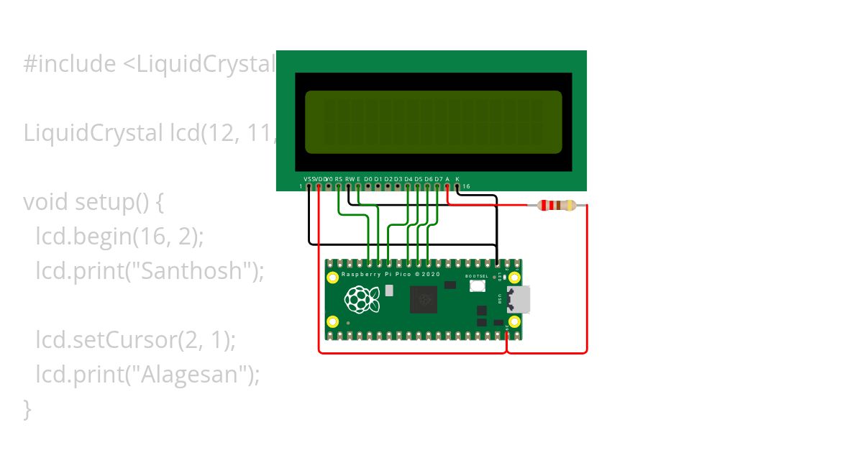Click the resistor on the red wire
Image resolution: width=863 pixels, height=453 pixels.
[x=557, y=206]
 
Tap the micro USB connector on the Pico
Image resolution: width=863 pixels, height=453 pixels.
[x=519, y=299]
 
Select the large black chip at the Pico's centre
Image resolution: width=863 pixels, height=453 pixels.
[x=424, y=299]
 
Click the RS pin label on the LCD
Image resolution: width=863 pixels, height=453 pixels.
[x=339, y=178]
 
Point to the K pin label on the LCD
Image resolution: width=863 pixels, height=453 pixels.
[x=457, y=178]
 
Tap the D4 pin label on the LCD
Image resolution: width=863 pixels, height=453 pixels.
[x=408, y=178]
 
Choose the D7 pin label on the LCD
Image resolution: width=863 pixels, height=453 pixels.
[x=438, y=178]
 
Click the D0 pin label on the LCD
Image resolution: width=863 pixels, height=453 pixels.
[x=368, y=178]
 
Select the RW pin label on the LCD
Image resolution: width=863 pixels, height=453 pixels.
[x=350, y=178]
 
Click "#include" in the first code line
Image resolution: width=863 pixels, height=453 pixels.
[x=69, y=64]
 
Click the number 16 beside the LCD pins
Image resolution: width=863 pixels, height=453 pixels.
[x=466, y=187]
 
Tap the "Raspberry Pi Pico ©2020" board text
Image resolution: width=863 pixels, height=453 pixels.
[x=391, y=275]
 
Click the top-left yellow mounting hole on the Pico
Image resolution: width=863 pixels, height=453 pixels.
[x=332, y=278]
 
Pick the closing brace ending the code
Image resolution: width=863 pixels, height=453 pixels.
[x=27, y=408]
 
